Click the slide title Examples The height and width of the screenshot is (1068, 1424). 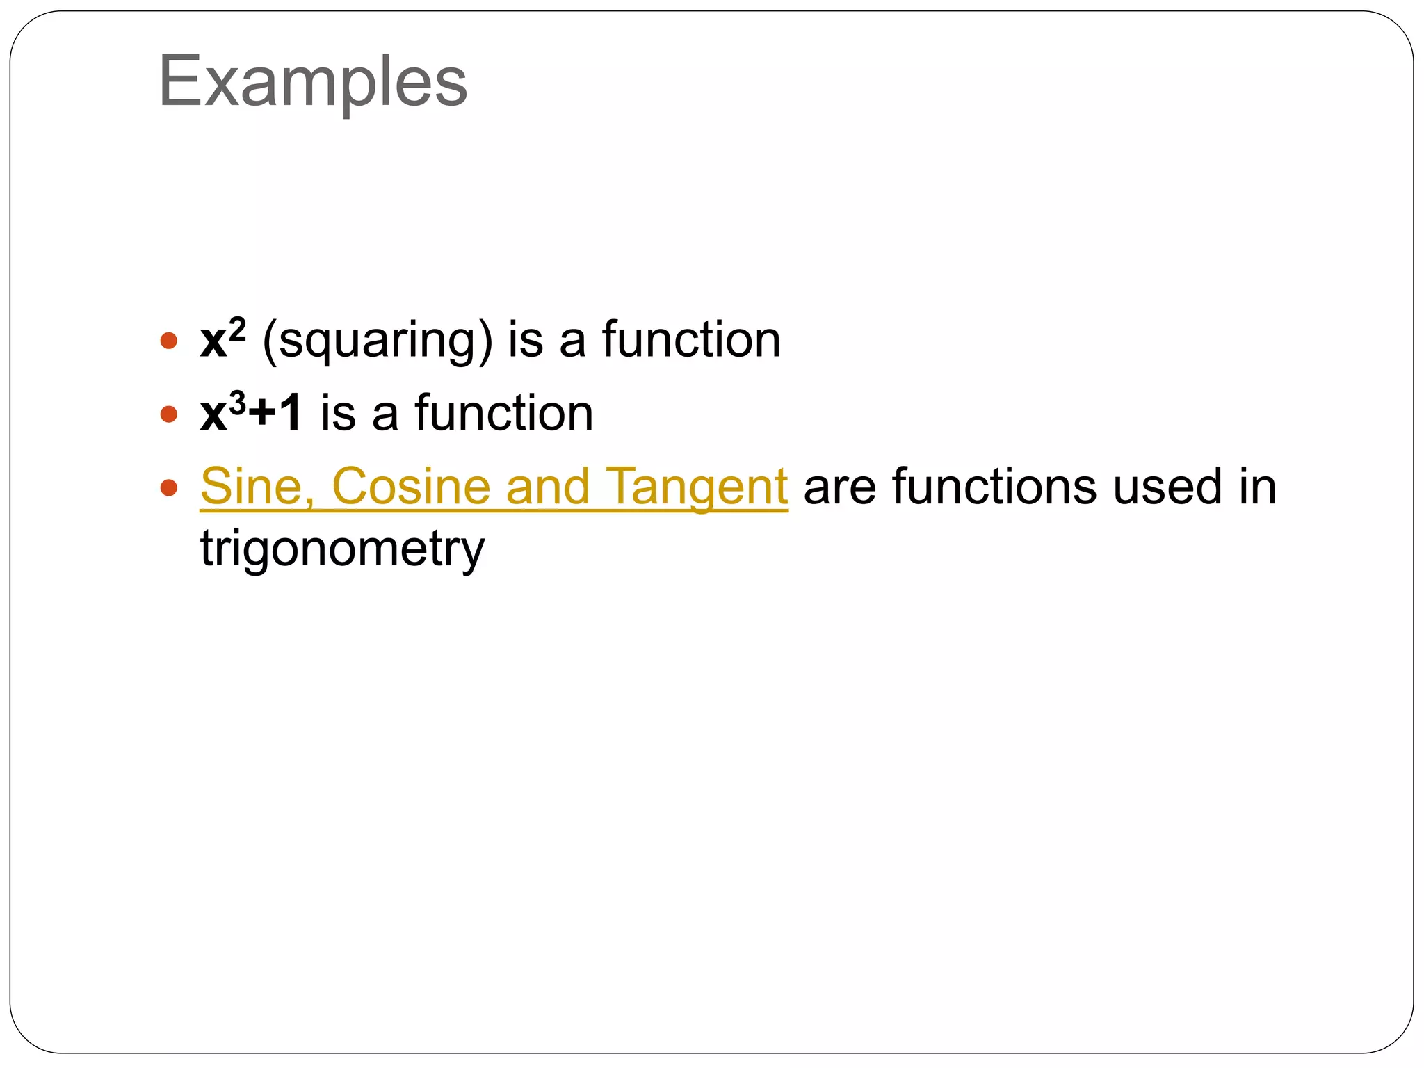[x=313, y=82]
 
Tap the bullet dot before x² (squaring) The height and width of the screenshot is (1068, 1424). [x=168, y=341]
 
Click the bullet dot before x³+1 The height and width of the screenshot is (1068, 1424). [x=168, y=414]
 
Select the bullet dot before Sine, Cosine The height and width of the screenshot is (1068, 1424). [x=168, y=487]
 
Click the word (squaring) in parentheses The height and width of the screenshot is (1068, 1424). [x=378, y=341]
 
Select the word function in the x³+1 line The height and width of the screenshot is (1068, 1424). [x=504, y=413]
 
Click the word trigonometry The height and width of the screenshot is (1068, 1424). [x=342, y=549]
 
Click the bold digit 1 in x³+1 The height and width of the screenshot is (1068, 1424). [x=289, y=413]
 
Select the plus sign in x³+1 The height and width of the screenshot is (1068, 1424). [x=262, y=414]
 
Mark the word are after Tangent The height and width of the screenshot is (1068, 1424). [x=839, y=487]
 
